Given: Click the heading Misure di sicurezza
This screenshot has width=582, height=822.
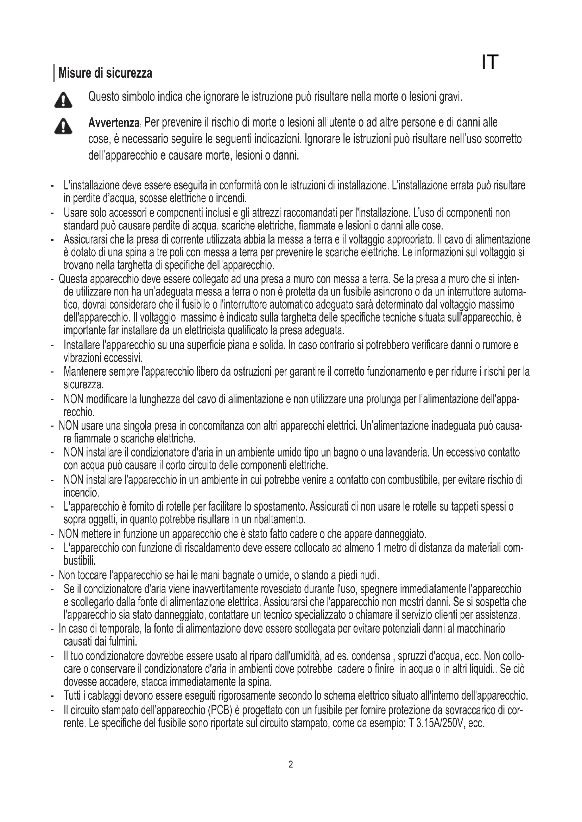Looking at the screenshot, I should [105, 73].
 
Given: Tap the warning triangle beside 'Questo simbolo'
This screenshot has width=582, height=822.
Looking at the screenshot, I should [63, 100].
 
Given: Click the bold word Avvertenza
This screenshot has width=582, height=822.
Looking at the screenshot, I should [114, 123].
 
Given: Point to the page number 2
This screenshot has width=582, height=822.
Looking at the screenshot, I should [291, 765].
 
